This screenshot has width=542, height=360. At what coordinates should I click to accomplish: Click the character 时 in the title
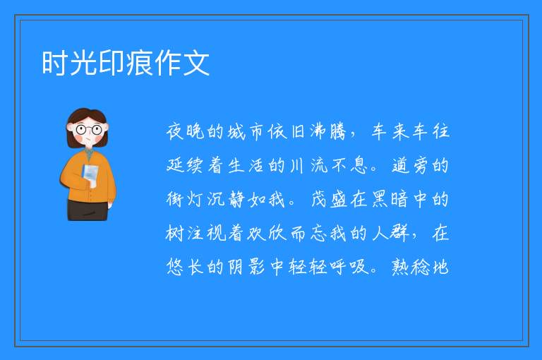click(55, 63)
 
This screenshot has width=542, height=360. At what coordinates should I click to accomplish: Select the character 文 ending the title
click(196, 63)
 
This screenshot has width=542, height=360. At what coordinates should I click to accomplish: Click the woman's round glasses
click(88, 130)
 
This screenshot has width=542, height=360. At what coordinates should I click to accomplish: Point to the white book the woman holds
click(90, 175)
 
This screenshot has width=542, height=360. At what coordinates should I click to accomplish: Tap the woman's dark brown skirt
click(88, 210)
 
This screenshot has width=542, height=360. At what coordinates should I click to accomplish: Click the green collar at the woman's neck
click(90, 155)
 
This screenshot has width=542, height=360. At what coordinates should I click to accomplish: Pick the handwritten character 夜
click(175, 131)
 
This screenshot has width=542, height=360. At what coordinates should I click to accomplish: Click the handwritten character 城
click(236, 131)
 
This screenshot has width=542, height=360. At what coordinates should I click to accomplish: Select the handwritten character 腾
click(338, 131)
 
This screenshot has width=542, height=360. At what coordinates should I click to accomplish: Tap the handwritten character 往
click(440, 131)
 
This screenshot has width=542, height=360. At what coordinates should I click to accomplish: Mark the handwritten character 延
click(175, 165)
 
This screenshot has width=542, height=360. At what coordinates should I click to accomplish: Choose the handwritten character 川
click(297, 165)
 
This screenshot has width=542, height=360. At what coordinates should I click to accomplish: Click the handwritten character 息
click(359, 165)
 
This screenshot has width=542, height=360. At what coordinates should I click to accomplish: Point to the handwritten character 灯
click(195, 199)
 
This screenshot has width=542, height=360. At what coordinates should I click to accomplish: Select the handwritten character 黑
click(380, 199)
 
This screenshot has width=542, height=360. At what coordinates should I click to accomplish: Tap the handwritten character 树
click(175, 233)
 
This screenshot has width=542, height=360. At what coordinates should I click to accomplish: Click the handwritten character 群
click(399, 233)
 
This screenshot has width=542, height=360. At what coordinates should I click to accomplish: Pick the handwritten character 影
click(256, 267)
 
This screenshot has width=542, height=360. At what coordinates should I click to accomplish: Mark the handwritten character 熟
click(399, 267)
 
